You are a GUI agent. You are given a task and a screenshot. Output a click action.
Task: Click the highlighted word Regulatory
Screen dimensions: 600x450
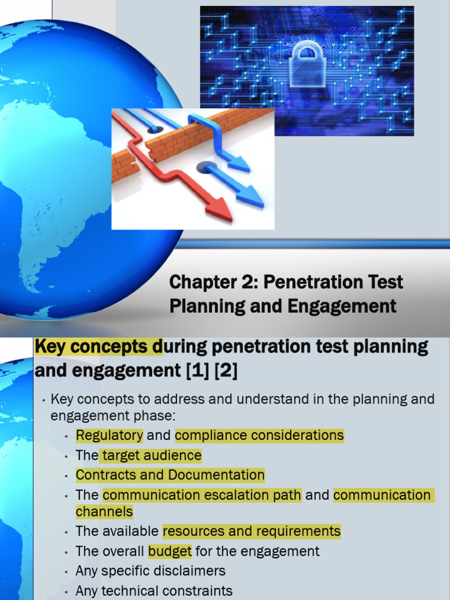110,435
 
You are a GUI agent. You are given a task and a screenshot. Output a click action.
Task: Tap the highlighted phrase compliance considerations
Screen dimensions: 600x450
259,435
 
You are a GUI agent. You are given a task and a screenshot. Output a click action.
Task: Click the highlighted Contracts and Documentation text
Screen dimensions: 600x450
171,475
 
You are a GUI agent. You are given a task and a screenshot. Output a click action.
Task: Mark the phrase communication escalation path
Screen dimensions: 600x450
202,495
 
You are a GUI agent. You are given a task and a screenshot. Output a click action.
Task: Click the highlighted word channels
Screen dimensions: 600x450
104,512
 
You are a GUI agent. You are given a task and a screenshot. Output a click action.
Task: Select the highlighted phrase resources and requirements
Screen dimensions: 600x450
251,531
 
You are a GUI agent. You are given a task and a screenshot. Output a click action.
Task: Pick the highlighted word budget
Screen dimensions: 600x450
170,551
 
